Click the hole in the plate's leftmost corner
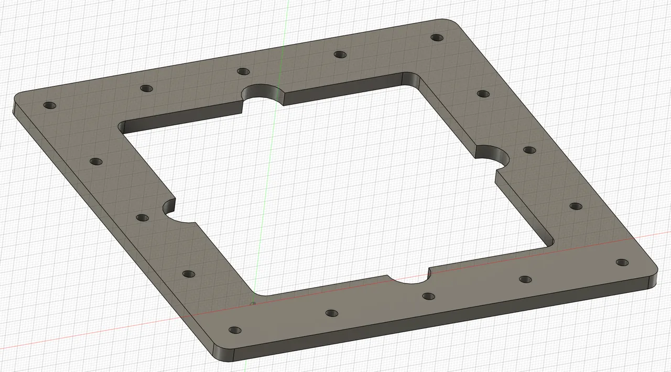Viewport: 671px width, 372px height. (50, 105)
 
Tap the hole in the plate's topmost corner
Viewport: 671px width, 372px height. (436, 37)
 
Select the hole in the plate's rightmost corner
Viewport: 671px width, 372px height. (621, 262)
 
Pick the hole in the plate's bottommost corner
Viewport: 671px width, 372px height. (235, 330)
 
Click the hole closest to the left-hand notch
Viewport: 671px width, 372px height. (142, 217)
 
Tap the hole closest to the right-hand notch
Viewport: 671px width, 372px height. (529, 150)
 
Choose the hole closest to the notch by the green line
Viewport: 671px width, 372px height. (243, 71)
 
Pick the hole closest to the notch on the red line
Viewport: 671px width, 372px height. (428, 297)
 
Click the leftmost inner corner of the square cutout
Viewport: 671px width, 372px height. (123, 127)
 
